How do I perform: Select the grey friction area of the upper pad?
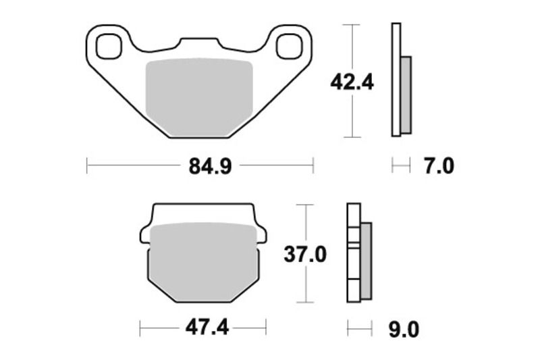(199, 95)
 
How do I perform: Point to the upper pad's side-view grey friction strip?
(406, 95)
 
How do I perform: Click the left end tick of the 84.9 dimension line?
(87, 165)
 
